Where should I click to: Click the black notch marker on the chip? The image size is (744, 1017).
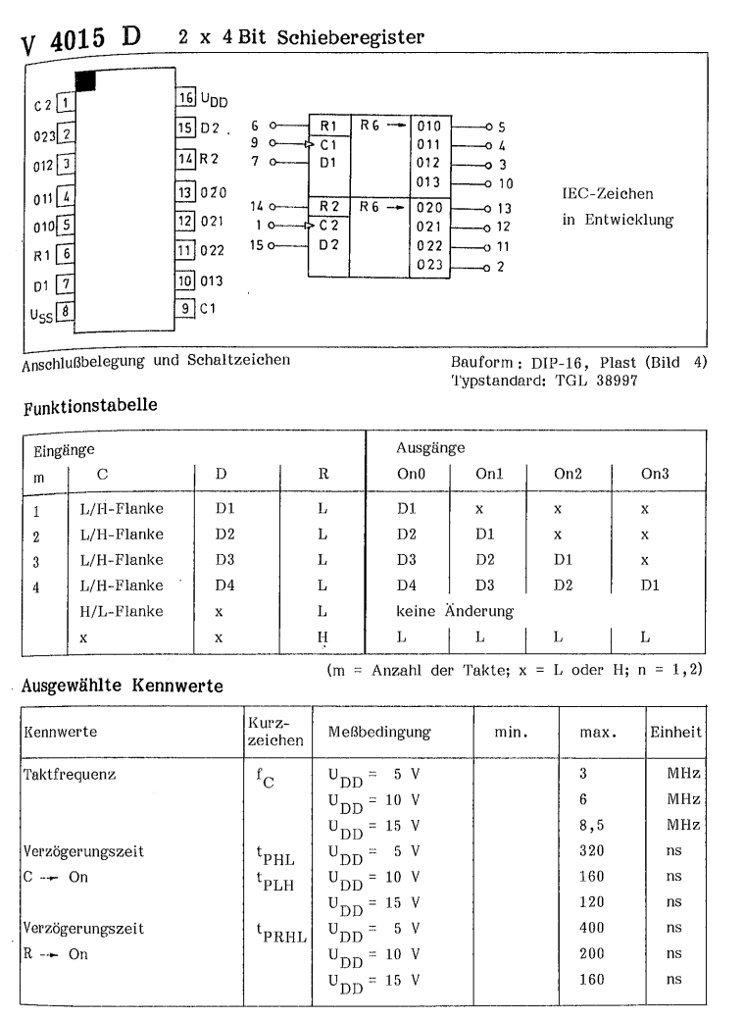85,80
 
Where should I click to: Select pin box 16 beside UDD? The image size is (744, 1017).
185,98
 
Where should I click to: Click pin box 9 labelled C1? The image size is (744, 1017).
184,309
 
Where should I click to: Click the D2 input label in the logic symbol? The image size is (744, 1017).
327,244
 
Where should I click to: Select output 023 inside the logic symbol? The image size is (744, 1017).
429,265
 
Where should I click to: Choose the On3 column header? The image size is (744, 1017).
654,474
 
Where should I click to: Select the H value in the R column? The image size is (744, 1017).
322,636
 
